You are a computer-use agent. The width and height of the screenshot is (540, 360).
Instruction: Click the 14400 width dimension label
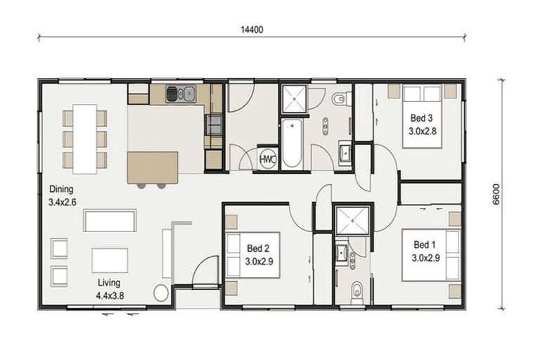pos(252,30)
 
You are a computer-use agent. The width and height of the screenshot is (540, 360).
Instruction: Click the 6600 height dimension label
pos(496,194)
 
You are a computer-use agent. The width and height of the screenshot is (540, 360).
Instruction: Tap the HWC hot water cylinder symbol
pos(268,159)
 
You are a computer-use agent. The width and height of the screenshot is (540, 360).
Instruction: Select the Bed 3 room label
pos(422,118)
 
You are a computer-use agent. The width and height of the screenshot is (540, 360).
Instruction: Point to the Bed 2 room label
pos(258,248)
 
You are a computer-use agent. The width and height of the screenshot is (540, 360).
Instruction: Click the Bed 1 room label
pos(425,245)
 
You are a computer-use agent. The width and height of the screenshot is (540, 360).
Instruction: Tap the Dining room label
pos(61,189)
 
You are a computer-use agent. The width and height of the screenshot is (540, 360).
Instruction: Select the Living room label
pos(109,283)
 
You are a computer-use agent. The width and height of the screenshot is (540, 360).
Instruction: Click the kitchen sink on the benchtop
pos(181,94)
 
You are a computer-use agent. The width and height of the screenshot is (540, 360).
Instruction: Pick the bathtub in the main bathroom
pos(292,144)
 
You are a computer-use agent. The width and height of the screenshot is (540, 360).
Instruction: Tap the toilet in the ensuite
pos(357,293)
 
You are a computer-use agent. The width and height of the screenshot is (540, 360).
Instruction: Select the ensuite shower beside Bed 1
pos(352,221)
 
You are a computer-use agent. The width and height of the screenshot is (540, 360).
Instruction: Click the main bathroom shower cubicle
pos(294,99)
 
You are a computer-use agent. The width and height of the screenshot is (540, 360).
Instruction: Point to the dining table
pos(84,139)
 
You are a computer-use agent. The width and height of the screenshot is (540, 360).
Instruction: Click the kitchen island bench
pos(153,167)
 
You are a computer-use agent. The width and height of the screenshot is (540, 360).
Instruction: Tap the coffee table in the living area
pos(110,260)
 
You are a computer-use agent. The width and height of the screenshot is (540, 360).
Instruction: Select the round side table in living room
pos(161,293)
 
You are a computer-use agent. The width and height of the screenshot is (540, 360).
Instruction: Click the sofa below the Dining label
pos(110,221)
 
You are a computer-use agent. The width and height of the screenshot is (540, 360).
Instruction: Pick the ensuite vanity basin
pos(342,254)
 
